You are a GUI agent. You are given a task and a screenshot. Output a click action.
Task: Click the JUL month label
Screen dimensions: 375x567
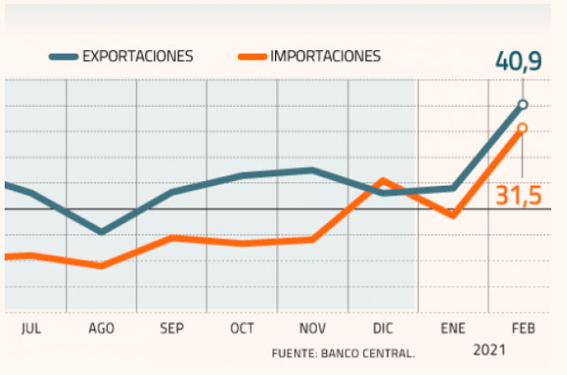(31, 329)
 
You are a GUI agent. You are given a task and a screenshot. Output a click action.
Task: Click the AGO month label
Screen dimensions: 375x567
(101, 329)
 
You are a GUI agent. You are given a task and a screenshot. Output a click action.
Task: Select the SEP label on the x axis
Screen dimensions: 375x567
(172, 329)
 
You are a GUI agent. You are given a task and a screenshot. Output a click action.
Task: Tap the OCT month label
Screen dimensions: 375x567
(242, 329)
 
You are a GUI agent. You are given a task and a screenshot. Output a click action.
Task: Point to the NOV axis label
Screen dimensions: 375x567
(312, 329)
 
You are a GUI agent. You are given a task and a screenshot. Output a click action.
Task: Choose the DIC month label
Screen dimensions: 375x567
(383, 329)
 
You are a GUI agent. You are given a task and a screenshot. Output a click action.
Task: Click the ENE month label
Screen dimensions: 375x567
(453, 329)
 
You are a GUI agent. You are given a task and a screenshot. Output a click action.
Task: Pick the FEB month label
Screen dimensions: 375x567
(522, 329)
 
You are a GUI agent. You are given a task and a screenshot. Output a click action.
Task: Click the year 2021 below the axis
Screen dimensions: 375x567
(490, 350)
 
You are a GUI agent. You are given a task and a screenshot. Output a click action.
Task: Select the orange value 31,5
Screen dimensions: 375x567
(518, 197)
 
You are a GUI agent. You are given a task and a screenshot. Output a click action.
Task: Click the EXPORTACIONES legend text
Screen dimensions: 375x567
(138, 56)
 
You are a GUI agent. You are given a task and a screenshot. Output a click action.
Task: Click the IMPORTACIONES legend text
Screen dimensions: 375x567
(325, 56)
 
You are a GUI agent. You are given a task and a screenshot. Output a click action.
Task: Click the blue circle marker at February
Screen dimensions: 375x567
(522, 105)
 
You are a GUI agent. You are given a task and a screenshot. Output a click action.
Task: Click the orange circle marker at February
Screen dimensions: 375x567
(522, 128)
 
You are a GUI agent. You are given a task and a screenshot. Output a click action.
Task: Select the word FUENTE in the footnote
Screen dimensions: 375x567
(293, 354)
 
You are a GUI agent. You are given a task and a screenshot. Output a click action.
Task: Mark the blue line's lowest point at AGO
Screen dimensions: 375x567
(101, 232)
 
